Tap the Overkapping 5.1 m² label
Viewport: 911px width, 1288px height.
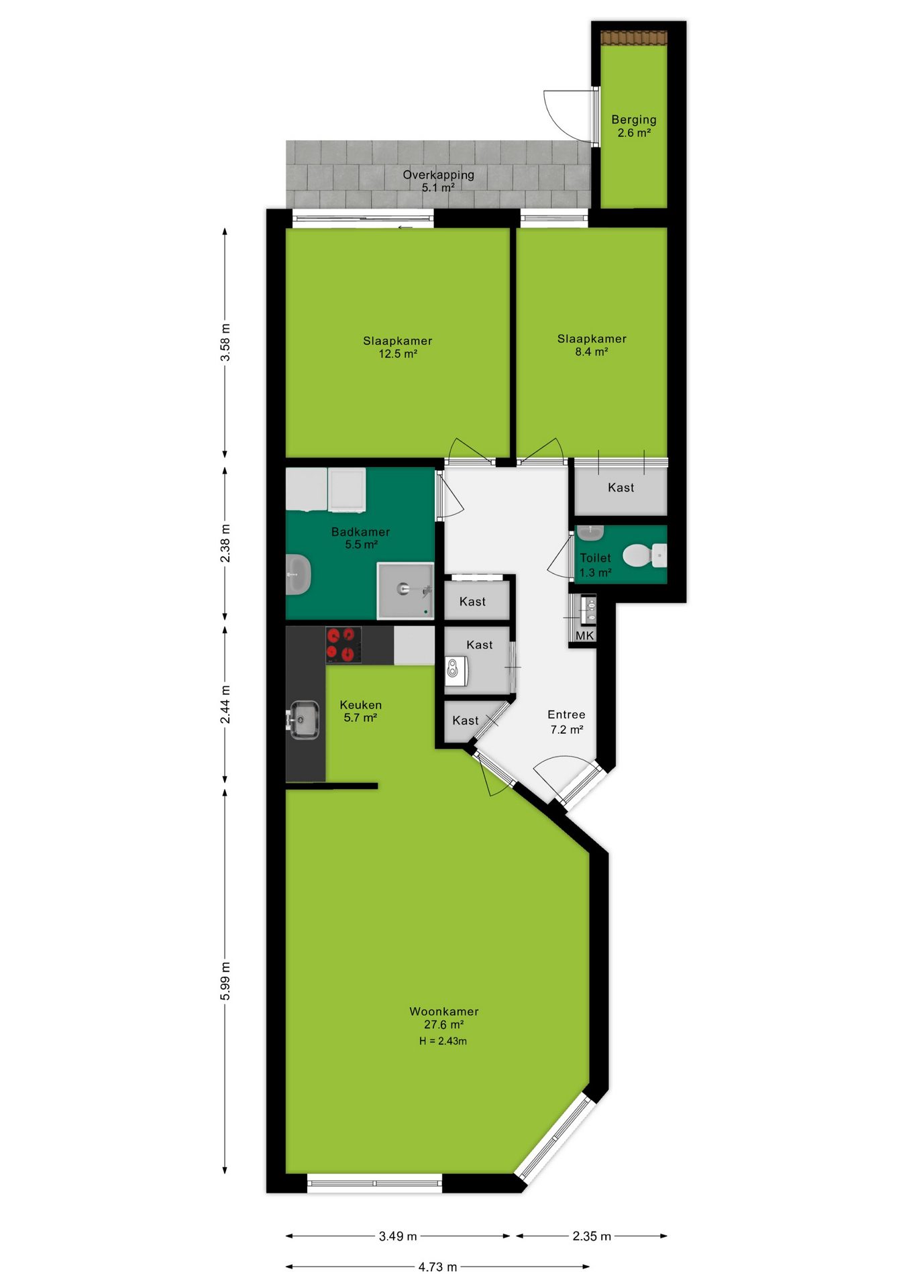(438, 180)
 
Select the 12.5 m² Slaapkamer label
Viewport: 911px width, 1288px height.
(398, 347)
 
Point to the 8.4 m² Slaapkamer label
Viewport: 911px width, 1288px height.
(592, 345)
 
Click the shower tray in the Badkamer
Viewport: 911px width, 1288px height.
(405, 590)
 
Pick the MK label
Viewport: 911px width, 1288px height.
(584, 635)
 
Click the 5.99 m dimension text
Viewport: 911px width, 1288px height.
(225, 981)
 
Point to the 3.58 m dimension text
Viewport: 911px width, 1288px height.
(225, 342)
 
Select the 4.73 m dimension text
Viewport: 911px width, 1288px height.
(437, 1267)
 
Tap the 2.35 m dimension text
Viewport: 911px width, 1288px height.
(592, 1236)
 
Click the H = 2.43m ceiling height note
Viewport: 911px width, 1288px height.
(443, 1041)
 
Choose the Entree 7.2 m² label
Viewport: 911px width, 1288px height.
(566, 722)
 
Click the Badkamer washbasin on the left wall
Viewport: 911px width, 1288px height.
(298, 574)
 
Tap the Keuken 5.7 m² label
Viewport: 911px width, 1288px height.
(360, 711)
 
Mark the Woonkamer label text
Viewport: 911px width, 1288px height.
(444, 1011)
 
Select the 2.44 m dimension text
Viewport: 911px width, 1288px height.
(225, 704)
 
